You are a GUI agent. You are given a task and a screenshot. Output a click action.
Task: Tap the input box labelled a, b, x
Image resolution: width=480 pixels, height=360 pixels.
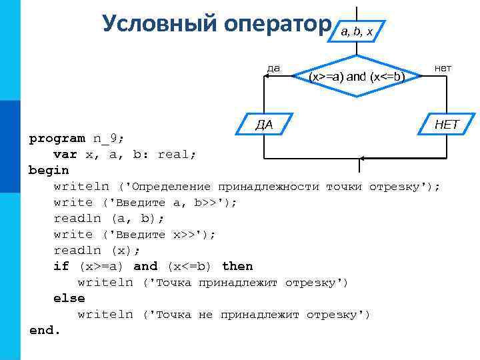[358, 30]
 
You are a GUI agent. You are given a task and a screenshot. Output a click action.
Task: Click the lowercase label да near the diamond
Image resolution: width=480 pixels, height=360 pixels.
[273, 67]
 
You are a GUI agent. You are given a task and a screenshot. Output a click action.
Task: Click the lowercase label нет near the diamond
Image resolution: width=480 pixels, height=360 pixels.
[443, 67]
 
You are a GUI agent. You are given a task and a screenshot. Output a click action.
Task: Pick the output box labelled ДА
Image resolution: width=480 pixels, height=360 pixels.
[265, 124]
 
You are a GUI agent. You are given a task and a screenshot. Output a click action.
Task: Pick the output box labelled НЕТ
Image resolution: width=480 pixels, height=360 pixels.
[445, 124]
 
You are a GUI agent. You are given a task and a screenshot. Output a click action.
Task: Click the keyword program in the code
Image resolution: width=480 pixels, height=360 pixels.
[57, 139]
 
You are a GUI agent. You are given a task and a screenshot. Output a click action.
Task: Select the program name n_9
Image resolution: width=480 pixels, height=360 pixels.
[108, 139]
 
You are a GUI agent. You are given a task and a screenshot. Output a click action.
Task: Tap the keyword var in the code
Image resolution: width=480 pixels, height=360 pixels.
[65, 155]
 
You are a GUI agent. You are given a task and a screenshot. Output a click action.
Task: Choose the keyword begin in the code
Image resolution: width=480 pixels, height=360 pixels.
[49, 171]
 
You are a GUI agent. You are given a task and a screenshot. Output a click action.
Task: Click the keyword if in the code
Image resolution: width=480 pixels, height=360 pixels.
[61, 267]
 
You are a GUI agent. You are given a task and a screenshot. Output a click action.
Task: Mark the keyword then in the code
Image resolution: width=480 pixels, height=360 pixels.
[237, 267]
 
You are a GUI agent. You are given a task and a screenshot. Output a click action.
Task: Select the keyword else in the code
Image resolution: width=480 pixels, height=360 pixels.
[69, 299]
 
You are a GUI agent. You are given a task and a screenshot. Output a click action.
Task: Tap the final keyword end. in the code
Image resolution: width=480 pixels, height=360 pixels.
[45, 330]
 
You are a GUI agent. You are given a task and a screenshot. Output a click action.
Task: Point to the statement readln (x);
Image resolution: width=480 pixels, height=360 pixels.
[97, 251]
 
